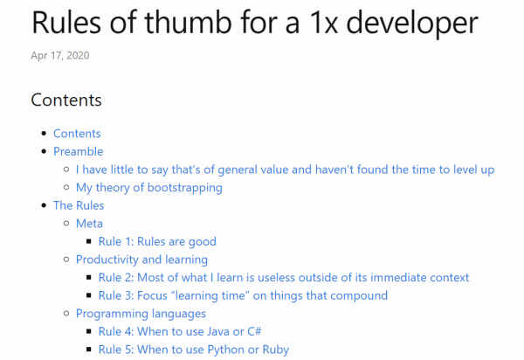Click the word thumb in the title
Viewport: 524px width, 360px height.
coord(188,23)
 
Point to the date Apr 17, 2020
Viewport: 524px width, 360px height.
coord(60,56)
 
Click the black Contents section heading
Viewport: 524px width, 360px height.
coord(66,100)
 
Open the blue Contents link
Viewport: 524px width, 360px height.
coord(77,134)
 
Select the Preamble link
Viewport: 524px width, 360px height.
coord(79,151)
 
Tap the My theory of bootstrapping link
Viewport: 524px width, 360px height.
coord(149,188)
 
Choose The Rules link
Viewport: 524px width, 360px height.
coord(79,205)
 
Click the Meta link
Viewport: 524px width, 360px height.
coord(89,224)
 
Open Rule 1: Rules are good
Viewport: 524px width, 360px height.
coord(157,242)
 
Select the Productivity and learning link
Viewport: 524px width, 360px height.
coord(141,260)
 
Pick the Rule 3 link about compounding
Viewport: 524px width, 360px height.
coord(243,296)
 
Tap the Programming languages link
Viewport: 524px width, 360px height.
coord(141,314)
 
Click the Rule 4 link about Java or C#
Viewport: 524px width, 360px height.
coord(180,331)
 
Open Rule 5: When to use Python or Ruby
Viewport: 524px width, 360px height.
coord(194,350)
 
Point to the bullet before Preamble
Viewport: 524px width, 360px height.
coord(44,151)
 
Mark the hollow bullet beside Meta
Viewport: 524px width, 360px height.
coord(66,224)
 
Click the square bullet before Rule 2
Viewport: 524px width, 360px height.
coord(88,278)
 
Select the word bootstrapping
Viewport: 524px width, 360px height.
coord(185,188)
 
